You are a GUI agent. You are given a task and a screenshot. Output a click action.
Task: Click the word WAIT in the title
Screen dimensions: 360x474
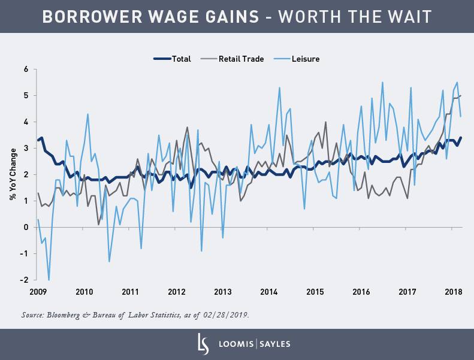click(x=409, y=16)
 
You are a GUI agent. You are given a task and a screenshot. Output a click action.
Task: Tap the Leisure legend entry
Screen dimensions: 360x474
click(x=306, y=59)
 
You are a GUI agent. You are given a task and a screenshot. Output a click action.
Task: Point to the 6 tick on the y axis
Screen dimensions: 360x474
click(x=26, y=69)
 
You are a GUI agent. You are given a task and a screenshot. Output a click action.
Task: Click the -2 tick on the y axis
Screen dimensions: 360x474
click(x=25, y=280)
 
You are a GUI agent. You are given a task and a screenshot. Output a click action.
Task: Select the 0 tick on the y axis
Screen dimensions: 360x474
click(x=26, y=227)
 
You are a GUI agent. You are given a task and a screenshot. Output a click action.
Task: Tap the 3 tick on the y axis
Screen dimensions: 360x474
click(x=26, y=148)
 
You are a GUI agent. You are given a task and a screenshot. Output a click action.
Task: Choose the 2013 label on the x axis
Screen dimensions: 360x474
click(x=223, y=292)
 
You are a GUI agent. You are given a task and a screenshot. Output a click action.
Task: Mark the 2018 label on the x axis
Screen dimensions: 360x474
click(x=454, y=292)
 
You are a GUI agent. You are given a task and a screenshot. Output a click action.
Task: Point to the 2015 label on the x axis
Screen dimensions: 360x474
click(x=315, y=292)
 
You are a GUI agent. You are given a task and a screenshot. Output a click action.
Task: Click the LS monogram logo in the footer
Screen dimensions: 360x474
click(x=202, y=344)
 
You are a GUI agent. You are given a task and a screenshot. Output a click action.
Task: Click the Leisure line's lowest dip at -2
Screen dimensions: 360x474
click(x=49, y=280)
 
